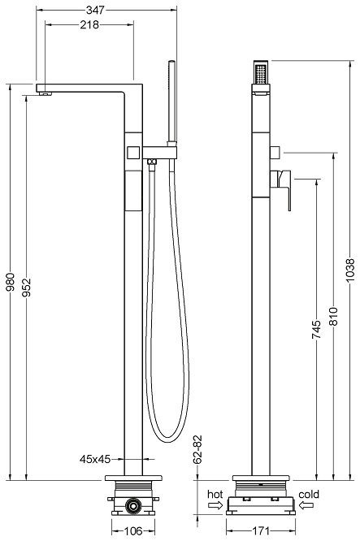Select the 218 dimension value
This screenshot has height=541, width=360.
tap(89, 24)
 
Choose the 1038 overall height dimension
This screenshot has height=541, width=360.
tap(350, 269)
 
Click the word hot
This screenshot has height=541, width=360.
tap(215, 493)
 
